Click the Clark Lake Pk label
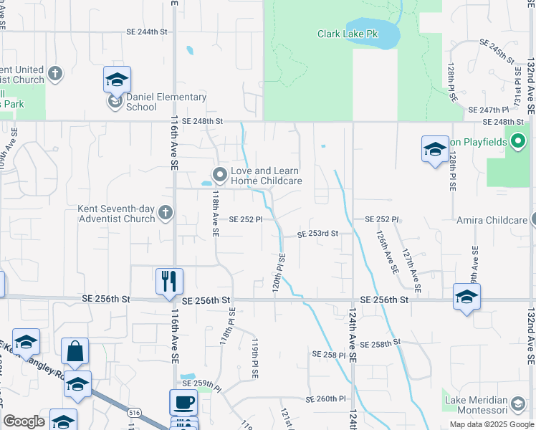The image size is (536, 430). (x=347, y=34)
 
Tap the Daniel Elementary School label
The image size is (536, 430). (x=166, y=102)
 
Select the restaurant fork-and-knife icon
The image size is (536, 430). (x=169, y=279)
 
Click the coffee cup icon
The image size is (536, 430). (x=183, y=402)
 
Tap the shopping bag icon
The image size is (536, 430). (x=75, y=351)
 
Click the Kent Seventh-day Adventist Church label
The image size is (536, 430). (x=116, y=214)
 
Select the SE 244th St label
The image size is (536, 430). (x=146, y=32)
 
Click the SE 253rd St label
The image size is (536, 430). (x=317, y=234)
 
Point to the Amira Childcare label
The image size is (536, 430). (x=492, y=220)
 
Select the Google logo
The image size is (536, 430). (x=24, y=421)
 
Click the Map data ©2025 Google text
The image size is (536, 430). (x=492, y=424)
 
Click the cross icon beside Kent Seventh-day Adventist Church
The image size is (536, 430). (x=166, y=211)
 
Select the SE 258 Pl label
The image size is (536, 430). (x=329, y=355)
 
